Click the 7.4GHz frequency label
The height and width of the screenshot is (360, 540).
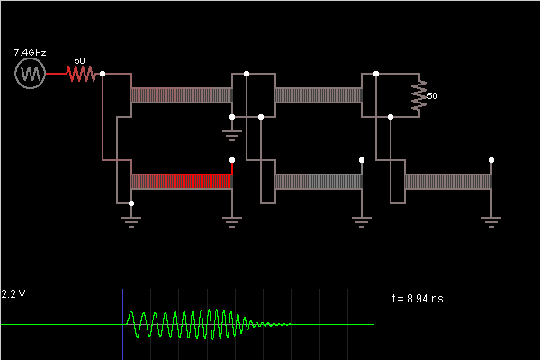pyautogui.click(x=31, y=54)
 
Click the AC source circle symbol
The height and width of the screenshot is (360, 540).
pyautogui.click(x=31, y=74)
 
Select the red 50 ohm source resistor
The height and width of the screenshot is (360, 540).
pyautogui.click(x=81, y=74)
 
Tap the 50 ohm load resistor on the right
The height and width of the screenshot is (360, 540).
pyautogui.click(x=419, y=95)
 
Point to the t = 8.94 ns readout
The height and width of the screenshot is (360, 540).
pyautogui.click(x=418, y=298)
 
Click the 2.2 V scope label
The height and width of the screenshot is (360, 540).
pyautogui.click(x=13, y=294)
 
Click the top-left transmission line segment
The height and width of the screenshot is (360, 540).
pyautogui.click(x=182, y=95)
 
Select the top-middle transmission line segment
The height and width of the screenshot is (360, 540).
pyautogui.click(x=319, y=95)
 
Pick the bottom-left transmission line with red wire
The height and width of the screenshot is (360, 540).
pyautogui.click(x=182, y=182)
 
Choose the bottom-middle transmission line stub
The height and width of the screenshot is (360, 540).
pyautogui.click(x=319, y=182)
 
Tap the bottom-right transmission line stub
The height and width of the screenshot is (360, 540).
pyautogui.click(x=448, y=182)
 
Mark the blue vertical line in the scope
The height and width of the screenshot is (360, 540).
pyautogui.click(x=123, y=324)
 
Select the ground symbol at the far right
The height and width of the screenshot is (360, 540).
pyautogui.click(x=491, y=220)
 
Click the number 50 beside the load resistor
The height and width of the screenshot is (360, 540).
pyautogui.click(x=433, y=95)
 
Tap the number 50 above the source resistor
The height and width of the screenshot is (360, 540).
pyautogui.click(x=79, y=61)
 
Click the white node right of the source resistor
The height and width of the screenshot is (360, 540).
pyautogui.click(x=103, y=74)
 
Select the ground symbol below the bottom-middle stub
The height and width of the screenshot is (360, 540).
pyautogui.click(x=362, y=220)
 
